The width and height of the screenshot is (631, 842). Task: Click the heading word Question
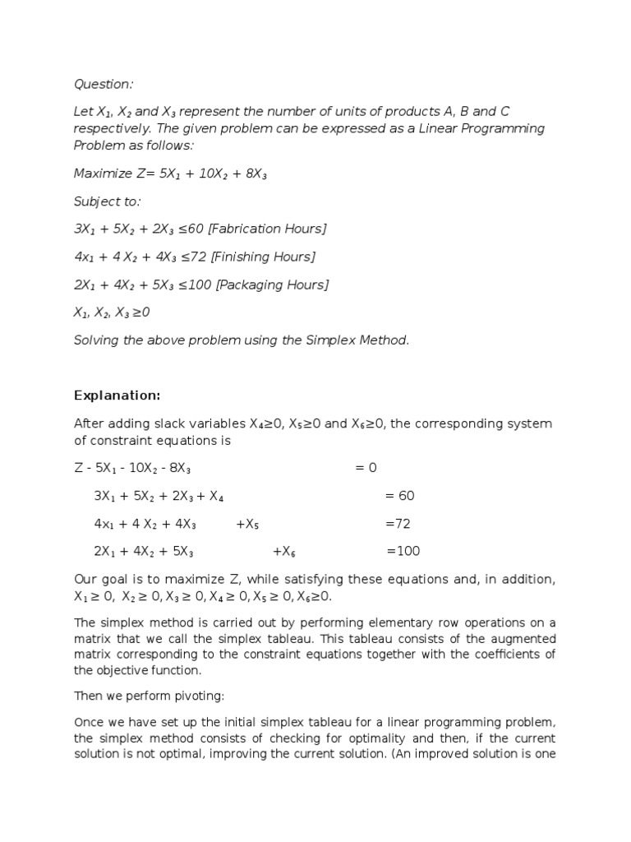click(103, 84)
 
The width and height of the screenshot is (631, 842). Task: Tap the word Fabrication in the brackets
click(249, 229)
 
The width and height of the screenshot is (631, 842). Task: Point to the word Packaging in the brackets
click(256, 285)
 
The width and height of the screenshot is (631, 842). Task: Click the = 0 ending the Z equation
click(366, 468)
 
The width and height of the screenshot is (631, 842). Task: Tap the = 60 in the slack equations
click(399, 496)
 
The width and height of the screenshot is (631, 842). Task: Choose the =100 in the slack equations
click(403, 551)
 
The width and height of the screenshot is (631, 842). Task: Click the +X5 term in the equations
click(247, 524)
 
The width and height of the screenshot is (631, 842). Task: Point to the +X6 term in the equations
click(283, 551)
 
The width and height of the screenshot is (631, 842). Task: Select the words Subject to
click(107, 201)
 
